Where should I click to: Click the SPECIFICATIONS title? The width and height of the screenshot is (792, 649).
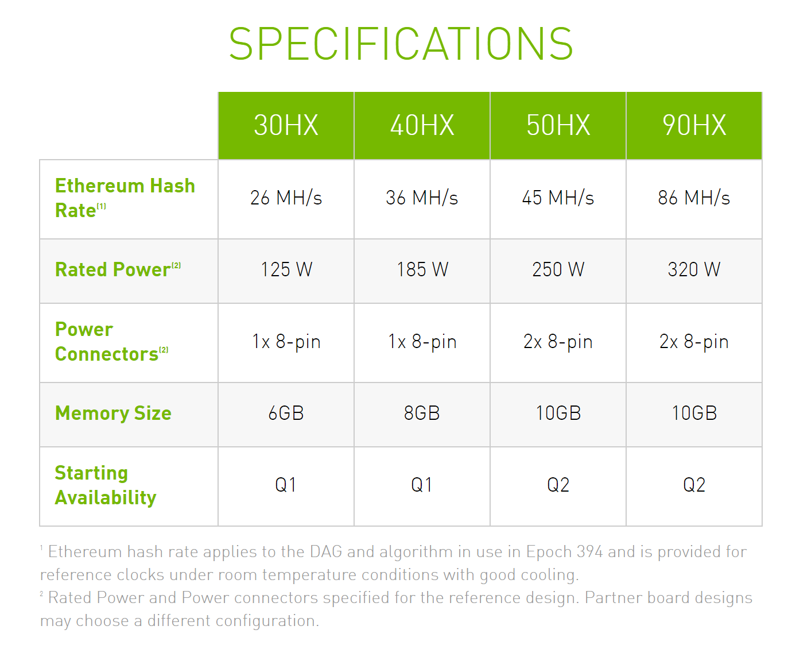click(401, 44)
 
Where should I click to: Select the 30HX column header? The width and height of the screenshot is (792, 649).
click(286, 125)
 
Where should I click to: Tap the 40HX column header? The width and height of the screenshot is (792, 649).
click(422, 125)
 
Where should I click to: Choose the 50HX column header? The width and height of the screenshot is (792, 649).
click(558, 125)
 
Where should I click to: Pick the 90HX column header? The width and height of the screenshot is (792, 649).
click(694, 125)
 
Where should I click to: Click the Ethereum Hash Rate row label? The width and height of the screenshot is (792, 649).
click(125, 198)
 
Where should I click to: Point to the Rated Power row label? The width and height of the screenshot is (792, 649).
click(118, 269)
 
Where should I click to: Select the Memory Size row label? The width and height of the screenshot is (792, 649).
click(113, 412)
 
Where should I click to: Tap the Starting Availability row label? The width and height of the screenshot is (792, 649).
click(106, 485)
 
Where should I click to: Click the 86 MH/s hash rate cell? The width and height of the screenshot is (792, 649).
click(694, 198)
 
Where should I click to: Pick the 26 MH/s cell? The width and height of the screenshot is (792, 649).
click(286, 198)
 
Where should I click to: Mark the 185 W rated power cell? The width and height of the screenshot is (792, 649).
click(422, 269)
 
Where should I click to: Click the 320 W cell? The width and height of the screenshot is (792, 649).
click(694, 269)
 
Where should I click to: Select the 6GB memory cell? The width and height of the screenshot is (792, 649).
click(286, 413)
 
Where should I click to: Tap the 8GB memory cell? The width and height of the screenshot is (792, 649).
click(422, 413)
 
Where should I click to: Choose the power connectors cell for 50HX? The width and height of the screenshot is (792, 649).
click(558, 342)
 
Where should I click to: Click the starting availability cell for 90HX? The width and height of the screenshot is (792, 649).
click(694, 485)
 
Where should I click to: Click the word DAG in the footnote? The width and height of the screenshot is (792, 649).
click(326, 552)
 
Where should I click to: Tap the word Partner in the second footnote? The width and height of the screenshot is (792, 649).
click(607, 597)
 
